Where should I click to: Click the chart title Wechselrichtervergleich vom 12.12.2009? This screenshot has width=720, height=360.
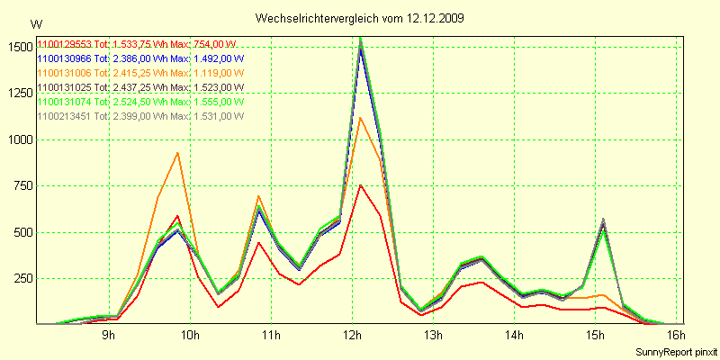[x=360, y=18]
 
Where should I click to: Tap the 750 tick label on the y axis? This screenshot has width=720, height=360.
[x=21, y=186]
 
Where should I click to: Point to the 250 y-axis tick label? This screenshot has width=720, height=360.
[x=21, y=278]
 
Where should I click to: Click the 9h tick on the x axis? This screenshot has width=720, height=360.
[x=108, y=336]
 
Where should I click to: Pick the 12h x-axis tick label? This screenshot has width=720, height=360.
[x=353, y=336]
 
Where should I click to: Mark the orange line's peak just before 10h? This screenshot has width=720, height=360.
[x=178, y=153]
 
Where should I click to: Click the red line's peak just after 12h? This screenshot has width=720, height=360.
[x=361, y=185]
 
